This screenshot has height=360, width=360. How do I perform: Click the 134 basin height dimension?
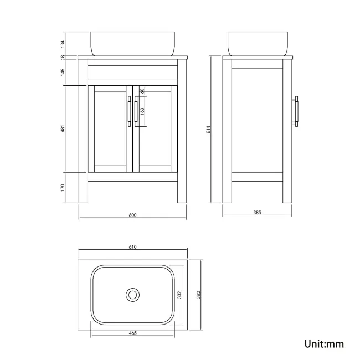[x=63, y=44]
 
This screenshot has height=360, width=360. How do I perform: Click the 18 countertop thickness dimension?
[x=63, y=58]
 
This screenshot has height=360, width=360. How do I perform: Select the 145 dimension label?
[x=63, y=72]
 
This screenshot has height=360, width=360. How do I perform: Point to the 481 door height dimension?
[x=63, y=128]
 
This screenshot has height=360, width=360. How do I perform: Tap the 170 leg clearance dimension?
[x=63, y=188]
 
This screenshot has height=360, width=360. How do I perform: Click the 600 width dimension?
[x=132, y=215]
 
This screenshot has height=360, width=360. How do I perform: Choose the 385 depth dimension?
[x=257, y=212]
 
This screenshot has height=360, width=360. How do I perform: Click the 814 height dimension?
[x=208, y=130]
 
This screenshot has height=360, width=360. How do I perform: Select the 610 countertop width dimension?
[x=132, y=247]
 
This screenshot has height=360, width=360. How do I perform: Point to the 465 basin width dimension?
[x=133, y=333]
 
